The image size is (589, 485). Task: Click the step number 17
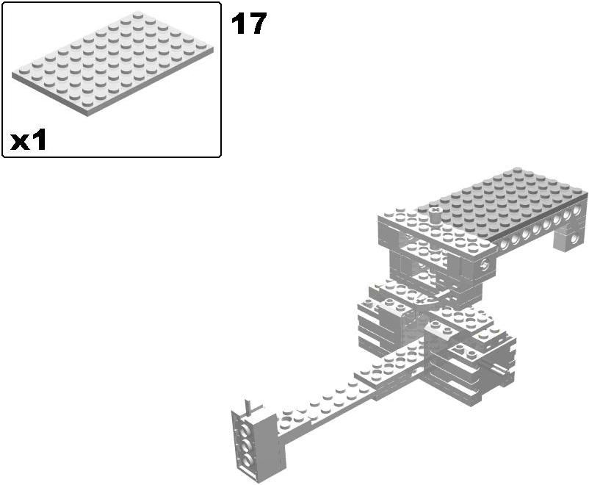click(249, 24)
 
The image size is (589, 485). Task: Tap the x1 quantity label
click(29, 140)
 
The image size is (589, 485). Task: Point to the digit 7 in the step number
click(258, 24)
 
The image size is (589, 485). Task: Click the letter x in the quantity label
click(20, 141)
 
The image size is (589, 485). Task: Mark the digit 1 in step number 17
click(239, 24)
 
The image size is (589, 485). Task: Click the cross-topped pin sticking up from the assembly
click(436, 214)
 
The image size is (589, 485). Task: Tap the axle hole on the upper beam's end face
click(484, 266)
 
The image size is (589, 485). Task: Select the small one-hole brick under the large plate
click(571, 238)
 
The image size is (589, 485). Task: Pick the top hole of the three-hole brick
click(247, 428)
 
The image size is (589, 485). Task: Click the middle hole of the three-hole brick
click(247, 445)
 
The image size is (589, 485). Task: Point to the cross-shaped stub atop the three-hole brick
click(250, 405)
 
